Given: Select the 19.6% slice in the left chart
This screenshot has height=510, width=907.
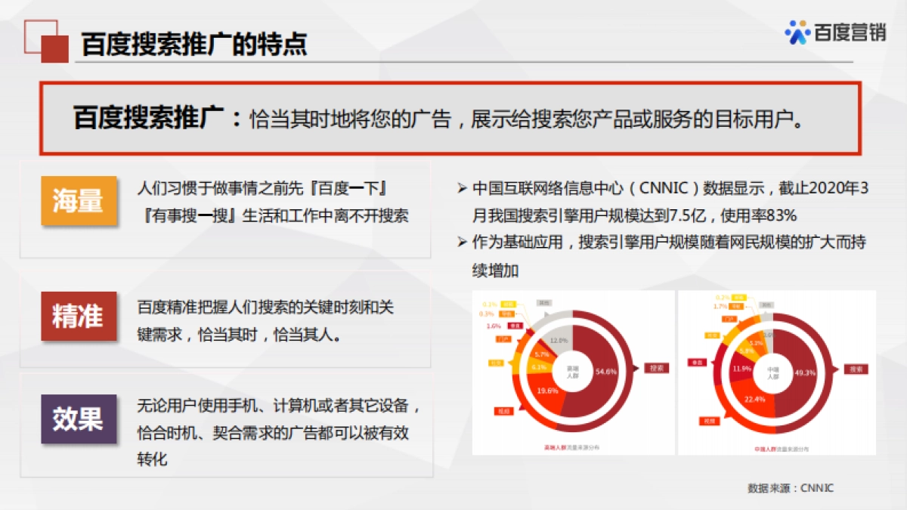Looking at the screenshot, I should click(547, 391).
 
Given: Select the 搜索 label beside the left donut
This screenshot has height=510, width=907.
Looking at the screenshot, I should click(656, 369).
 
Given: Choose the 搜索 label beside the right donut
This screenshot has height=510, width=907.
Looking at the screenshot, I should click(856, 369).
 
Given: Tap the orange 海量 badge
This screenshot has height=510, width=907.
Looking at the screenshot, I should click(79, 201).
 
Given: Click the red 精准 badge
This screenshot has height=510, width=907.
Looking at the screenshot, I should click(79, 316).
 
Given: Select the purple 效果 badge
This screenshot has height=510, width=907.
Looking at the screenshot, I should click(79, 419).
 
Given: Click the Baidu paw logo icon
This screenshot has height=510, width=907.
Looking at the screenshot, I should click(797, 32).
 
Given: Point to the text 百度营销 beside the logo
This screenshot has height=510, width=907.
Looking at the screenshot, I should click(850, 33).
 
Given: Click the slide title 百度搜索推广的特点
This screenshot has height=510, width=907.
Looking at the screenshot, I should click(194, 45).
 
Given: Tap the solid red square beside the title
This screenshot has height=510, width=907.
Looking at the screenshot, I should click(54, 48).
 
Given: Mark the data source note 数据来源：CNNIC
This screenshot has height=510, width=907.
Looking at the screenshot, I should click(790, 488).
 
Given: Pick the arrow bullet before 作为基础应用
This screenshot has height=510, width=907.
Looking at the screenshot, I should click(463, 243).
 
